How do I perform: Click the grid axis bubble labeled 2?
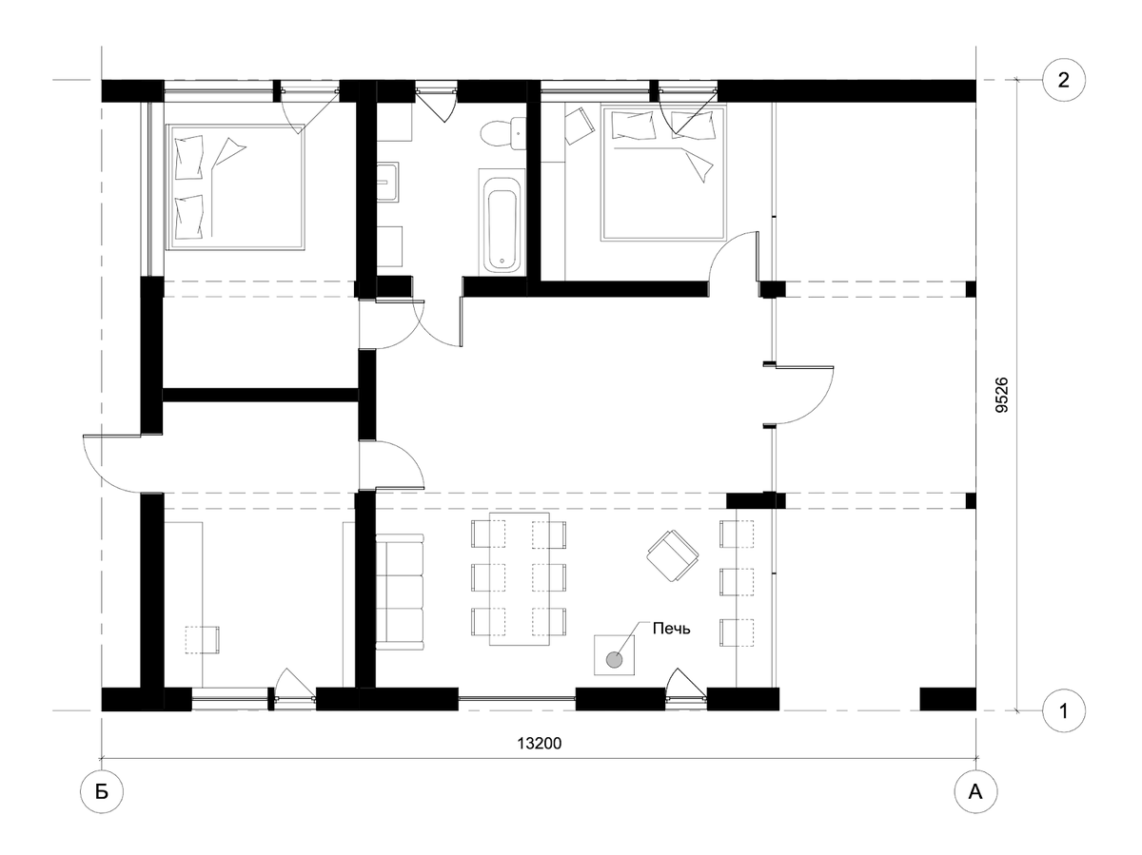click(x=1063, y=80)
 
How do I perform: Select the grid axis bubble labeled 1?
click(x=1063, y=710)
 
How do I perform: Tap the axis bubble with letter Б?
click(x=102, y=792)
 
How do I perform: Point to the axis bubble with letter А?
click(x=975, y=792)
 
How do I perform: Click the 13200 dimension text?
click(x=539, y=744)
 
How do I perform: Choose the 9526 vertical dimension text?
click(x=1001, y=395)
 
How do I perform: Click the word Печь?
click(x=671, y=629)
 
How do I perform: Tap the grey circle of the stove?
click(x=614, y=660)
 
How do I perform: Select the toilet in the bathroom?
click(x=503, y=133)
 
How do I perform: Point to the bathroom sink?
click(x=387, y=182)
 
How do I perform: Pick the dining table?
click(x=520, y=579)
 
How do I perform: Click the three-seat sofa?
click(x=400, y=592)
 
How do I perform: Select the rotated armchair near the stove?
click(x=672, y=556)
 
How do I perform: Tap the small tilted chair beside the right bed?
click(x=579, y=126)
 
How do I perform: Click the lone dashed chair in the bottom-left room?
click(x=203, y=640)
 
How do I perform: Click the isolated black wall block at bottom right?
click(x=948, y=699)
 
